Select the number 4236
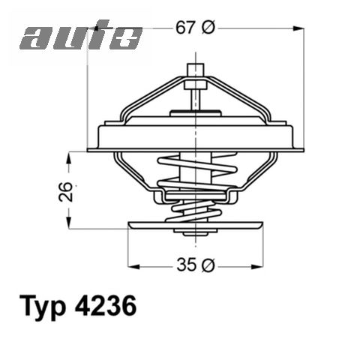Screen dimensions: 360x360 pos(106,309)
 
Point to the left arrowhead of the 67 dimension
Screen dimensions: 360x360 pos(94,27)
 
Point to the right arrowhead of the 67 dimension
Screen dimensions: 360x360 pos(302,27)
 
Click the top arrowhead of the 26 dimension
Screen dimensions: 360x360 pos(70,157)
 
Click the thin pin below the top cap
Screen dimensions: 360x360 pos(196,94)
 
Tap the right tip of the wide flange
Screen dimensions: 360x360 pos(304,149)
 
